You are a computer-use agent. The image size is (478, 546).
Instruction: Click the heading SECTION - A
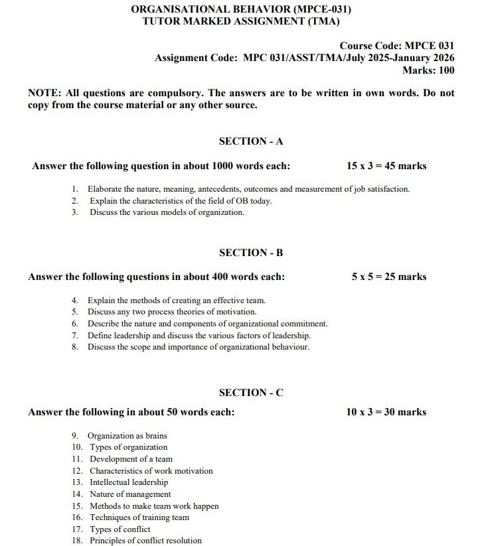(251, 141)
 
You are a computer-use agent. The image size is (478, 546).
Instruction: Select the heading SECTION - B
(251, 253)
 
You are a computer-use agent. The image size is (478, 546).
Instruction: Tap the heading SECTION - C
(251, 393)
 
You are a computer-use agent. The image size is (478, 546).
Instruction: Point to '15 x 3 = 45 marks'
(386, 166)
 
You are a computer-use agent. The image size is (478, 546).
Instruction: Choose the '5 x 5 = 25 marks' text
(389, 277)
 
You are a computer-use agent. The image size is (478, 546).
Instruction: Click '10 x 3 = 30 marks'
(386, 412)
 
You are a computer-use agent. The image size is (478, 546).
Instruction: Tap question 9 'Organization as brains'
(127, 436)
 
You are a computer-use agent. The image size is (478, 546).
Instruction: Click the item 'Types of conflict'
(120, 529)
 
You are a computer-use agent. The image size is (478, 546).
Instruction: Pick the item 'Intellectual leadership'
(129, 482)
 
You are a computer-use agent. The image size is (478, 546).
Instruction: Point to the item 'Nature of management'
(130, 494)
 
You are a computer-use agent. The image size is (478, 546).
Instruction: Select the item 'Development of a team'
(131, 459)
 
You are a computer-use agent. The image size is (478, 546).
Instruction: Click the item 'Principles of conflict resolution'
(145, 541)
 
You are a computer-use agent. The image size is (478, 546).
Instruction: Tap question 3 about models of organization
(167, 212)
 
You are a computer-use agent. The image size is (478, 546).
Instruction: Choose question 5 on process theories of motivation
(172, 312)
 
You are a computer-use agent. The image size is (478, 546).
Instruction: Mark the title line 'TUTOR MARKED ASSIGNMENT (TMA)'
(241, 21)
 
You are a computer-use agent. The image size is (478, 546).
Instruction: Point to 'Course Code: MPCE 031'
(397, 46)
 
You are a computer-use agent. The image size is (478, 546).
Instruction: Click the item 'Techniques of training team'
(139, 517)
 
